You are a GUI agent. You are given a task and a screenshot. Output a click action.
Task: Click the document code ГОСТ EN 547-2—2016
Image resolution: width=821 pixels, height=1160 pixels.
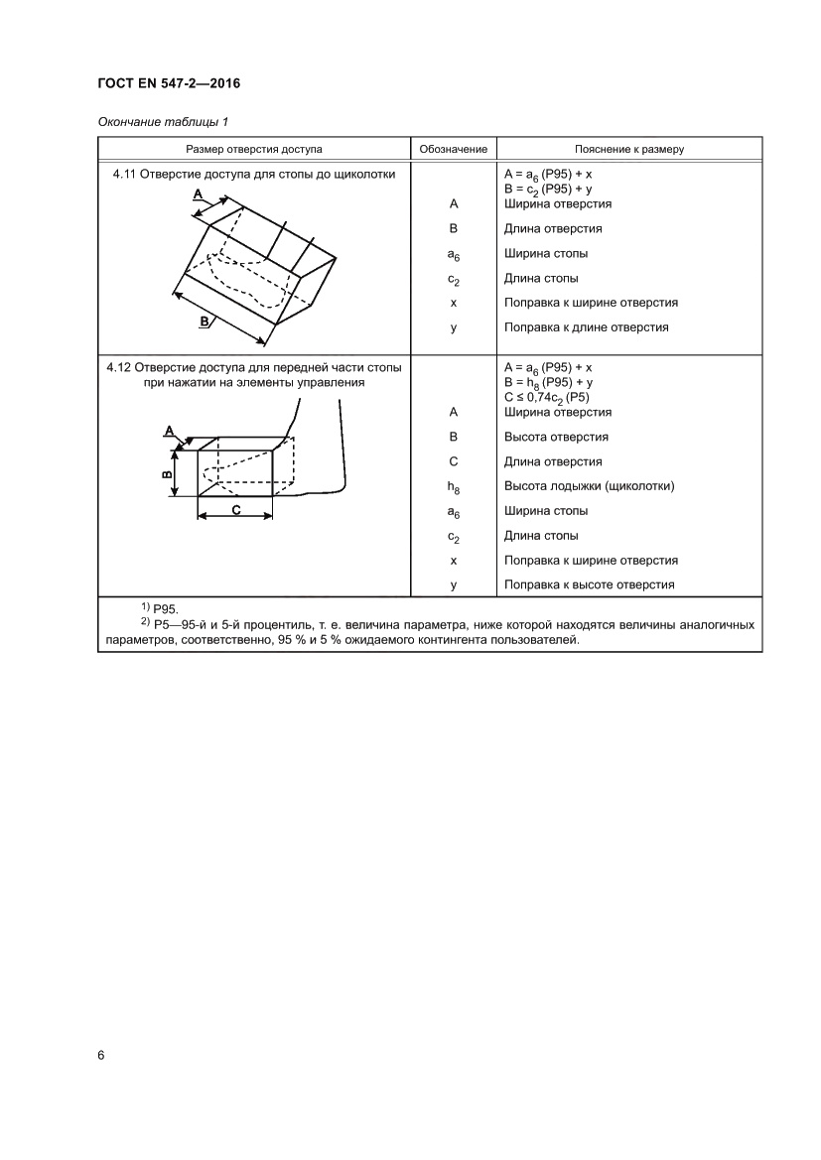point(169,83)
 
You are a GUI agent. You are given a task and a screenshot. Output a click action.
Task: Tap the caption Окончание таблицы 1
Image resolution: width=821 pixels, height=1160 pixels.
point(164,122)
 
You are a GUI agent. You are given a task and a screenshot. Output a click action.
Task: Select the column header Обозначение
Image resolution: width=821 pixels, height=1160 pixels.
point(453,149)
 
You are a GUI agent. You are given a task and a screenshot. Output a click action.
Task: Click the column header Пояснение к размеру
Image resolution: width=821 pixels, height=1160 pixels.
point(628,149)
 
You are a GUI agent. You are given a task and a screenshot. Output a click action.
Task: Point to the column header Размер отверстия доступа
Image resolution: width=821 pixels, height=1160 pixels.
point(254,149)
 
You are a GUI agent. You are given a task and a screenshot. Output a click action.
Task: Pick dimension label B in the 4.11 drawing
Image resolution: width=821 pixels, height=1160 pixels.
point(204,321)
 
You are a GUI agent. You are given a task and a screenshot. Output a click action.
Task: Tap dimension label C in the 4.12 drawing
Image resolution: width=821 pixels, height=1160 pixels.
point(235,509)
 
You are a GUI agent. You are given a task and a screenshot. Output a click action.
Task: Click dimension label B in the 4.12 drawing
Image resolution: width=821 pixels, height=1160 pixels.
point(167,473)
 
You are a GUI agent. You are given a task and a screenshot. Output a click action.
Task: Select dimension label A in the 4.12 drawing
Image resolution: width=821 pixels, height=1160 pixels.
point(169,430)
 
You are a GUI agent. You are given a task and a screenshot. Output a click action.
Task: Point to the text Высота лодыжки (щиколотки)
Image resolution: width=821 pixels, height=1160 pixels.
point(590,486)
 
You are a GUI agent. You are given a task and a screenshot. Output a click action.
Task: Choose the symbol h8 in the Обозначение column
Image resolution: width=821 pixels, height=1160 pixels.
point(453,487)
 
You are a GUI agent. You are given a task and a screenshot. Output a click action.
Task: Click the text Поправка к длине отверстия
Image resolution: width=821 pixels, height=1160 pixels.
point(586,327)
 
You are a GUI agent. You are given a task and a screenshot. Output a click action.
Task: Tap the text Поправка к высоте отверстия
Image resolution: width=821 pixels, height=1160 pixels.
point(590,584)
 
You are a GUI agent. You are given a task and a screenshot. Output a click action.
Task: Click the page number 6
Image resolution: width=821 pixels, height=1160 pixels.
point(101,1054)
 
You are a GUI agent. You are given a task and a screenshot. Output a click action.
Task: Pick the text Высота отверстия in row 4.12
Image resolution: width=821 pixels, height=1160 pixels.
point(556,437)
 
